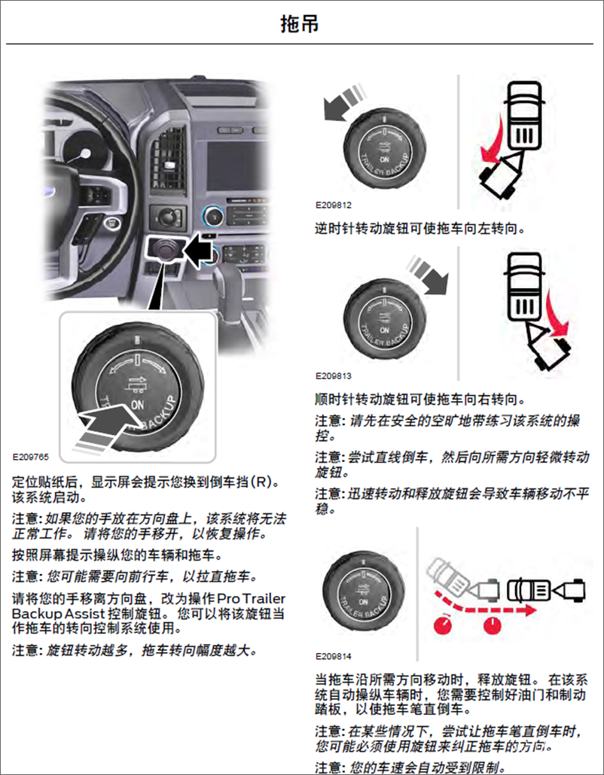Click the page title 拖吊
[299, 24]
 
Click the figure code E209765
[30, 456]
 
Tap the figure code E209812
[334, 205]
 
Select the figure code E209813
[334, 375]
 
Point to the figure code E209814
[334, 656]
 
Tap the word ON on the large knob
[138, 404]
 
